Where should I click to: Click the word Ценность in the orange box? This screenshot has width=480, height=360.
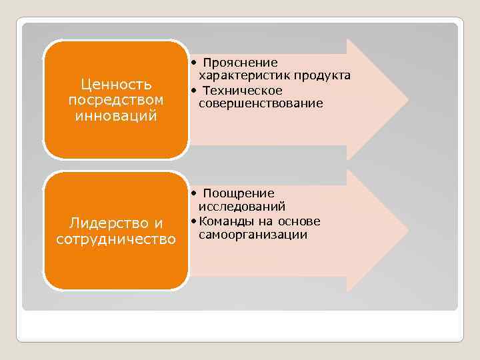[x=116, y=85]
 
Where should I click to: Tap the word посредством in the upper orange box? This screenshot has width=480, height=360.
[x=116, y=99]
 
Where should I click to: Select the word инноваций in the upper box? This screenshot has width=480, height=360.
[x=116, y=115]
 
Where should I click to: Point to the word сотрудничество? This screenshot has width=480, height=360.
[x=116, y=239]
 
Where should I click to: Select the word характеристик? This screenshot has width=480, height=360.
[x=237, y=75]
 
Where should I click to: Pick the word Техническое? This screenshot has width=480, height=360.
[x=243, y=90]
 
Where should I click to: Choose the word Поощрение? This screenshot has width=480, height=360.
[x=239, y=193]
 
